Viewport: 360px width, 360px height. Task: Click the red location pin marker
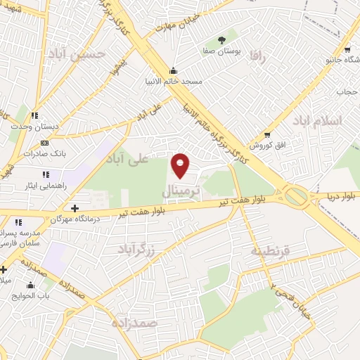tap(181, 165)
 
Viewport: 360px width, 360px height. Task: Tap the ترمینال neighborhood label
tap(181, 191)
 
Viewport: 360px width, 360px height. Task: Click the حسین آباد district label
tap(78, 53)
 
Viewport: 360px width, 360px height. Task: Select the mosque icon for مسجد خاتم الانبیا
tap(174, 70)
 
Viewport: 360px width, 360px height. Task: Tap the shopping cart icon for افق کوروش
tap(267, 134)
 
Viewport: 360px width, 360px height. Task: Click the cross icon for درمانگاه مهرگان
tap(75, 208)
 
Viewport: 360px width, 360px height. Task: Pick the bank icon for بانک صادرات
tap(45, 142)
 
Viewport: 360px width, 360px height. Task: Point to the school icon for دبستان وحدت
tap(35, 116)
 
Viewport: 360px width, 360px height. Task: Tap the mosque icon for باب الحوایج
tap(30, 285)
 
